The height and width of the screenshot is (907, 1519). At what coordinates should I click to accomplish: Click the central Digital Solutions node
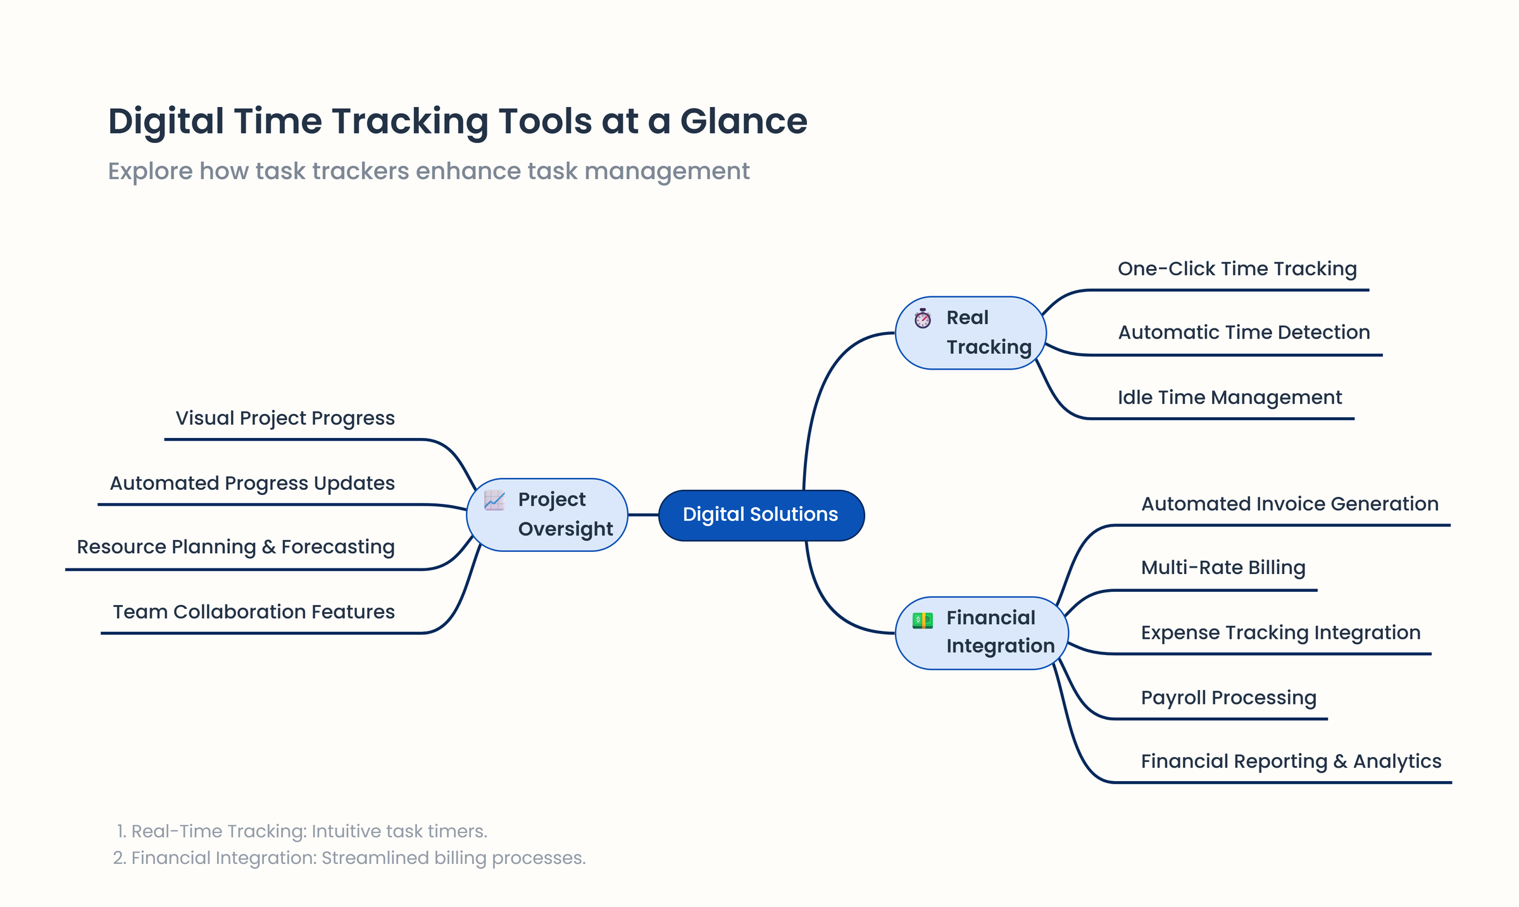click(761, 515)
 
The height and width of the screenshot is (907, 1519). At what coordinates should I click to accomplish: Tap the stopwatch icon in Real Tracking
click(922, 318)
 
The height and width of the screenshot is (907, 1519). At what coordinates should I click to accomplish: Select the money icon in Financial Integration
click(922, 620)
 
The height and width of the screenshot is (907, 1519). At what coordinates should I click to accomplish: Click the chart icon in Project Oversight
click(494, 500)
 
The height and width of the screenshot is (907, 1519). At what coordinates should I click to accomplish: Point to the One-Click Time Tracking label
click(1237, 269)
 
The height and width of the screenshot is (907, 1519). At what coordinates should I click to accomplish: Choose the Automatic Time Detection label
click(1243, 332)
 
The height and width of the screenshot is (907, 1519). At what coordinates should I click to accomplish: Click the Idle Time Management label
click(1229, 397)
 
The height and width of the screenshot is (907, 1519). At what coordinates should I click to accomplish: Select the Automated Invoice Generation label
click(1289, 504)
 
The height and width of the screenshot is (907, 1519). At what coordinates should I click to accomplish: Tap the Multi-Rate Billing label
click(1223, 568)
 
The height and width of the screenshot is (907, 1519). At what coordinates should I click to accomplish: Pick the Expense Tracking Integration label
click(1280, 633)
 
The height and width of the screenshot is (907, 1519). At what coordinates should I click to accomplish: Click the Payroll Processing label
click(1228, 697)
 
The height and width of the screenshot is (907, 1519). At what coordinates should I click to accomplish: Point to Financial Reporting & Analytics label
click(1291, 761)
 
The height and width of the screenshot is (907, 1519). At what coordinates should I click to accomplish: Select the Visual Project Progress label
click(285, 418)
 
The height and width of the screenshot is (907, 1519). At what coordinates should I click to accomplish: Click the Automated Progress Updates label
click(252, 484)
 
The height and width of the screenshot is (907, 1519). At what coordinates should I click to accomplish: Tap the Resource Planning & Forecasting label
click(235, 547)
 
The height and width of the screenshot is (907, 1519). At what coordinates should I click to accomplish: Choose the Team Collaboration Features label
click(253, 612)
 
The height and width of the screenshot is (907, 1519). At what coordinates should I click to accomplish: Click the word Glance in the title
click(743, 121)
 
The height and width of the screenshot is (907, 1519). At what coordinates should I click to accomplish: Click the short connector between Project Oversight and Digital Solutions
click(643, 515)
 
